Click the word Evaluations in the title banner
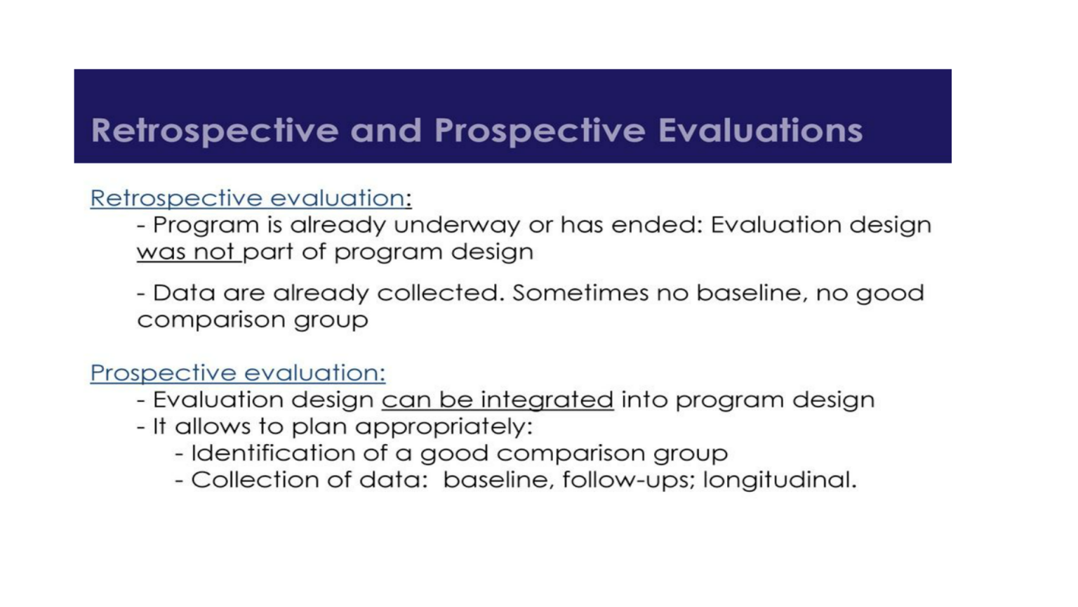point(760,131)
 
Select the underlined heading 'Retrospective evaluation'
point(248,198)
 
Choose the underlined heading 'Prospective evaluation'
point(237,372)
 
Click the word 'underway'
point(457,226)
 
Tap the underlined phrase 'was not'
point(186,252)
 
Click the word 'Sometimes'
point(580,293)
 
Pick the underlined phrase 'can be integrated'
point(497,400)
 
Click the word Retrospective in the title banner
point(215,131)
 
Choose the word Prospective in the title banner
point(540,131)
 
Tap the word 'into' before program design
point(644,400)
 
